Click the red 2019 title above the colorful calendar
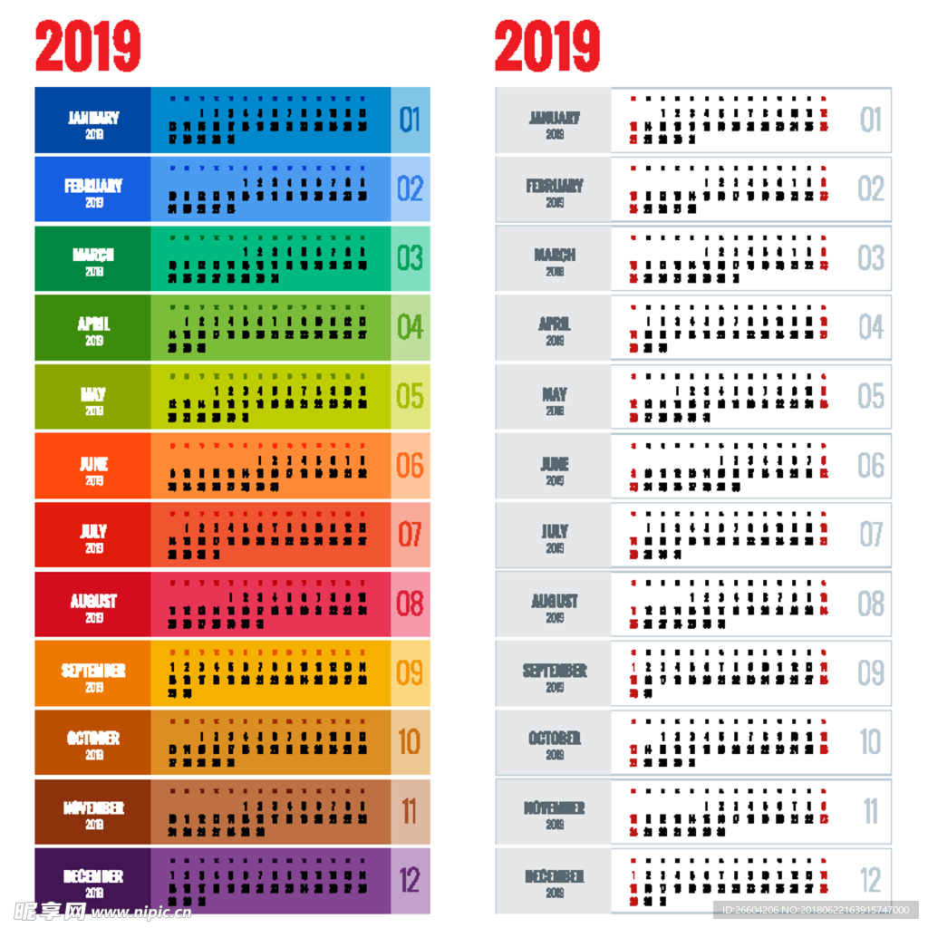(x=89, y=46)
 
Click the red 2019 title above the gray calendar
(x=547, y=46)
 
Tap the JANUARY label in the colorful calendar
(x=93, y=118)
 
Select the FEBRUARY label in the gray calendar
(x=555, y=187)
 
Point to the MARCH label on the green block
(x=93, y=256)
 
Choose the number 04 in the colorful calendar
(x=411, y=327)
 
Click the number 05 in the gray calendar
(x=871, y=396)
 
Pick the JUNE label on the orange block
(x=93, y=464)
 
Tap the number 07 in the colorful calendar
(x=411, y=535)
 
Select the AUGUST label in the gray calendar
(x=555, y=601)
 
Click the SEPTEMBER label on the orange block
(x=93, y=671)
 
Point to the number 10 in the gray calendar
(x=871, y=742)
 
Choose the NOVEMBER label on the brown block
(x=93, y=808)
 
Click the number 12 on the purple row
(x=411, y=880)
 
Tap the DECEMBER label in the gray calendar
(x=555, y=877)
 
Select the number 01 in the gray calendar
(x=871, y=120)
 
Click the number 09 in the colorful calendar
(x=411, y=673)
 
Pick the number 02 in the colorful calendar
(x=411, y=188)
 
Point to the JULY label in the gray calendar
(x=555, y=532)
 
